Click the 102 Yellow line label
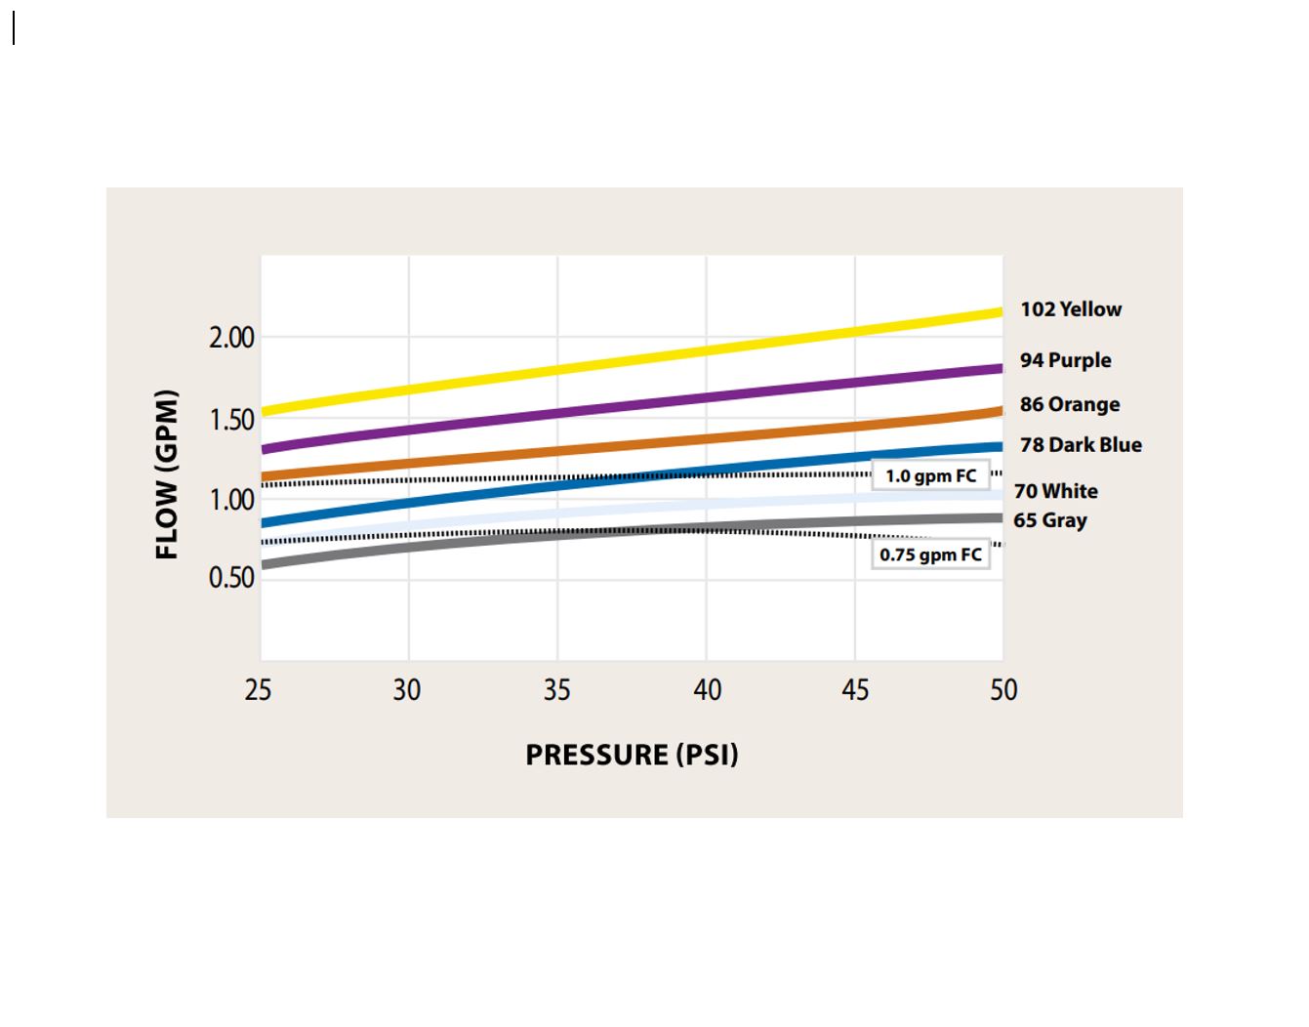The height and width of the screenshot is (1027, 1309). click(1071, 309)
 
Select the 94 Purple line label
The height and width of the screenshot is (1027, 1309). click(1065, 360)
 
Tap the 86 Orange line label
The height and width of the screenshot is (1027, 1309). click(1070, 404)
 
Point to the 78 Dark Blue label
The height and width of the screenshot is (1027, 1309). click(1081, 445)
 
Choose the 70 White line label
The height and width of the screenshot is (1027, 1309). click(1055, 491)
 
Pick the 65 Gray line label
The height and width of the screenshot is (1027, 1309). click(1049, 520)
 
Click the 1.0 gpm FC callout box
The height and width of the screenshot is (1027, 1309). click(930, 476)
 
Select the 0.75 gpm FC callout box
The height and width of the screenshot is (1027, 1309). click(930, 555)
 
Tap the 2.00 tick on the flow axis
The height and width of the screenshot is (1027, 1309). click(231, 338)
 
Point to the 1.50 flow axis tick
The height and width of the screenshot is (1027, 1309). click(231, 420)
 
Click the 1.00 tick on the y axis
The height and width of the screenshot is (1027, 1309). click(231, 500)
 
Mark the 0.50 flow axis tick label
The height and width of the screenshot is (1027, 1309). click(231, 577)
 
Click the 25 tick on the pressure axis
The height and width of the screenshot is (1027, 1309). click(259, 690)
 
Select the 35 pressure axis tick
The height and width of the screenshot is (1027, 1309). click(556, 690)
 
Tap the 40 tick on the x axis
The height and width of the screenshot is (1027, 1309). click(707, 690)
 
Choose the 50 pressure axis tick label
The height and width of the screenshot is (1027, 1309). click(1003, 690)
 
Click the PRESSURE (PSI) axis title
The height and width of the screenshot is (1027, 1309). click(632, 755)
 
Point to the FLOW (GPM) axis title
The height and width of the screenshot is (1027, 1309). click(167, 474)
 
